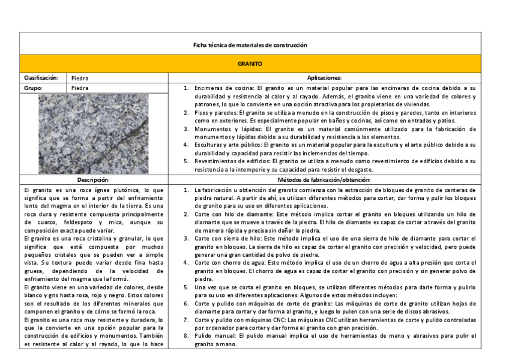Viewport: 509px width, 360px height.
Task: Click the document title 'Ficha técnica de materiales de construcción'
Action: coord(250,45)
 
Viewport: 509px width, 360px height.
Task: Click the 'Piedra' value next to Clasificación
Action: coord(80,78)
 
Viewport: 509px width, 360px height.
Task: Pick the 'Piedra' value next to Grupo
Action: coord(80,88)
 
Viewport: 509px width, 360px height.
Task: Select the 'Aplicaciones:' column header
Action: coord(324,77)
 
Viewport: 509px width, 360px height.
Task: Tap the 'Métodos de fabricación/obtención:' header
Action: coord(324,179)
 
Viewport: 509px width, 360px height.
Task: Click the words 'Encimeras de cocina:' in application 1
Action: coord(221,88)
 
